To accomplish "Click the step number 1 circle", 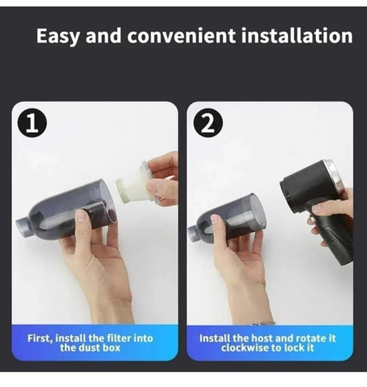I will (32, 123).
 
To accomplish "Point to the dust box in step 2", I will (231, 220).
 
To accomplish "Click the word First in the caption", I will (40, 338).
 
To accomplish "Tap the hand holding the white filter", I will (163, 176).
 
